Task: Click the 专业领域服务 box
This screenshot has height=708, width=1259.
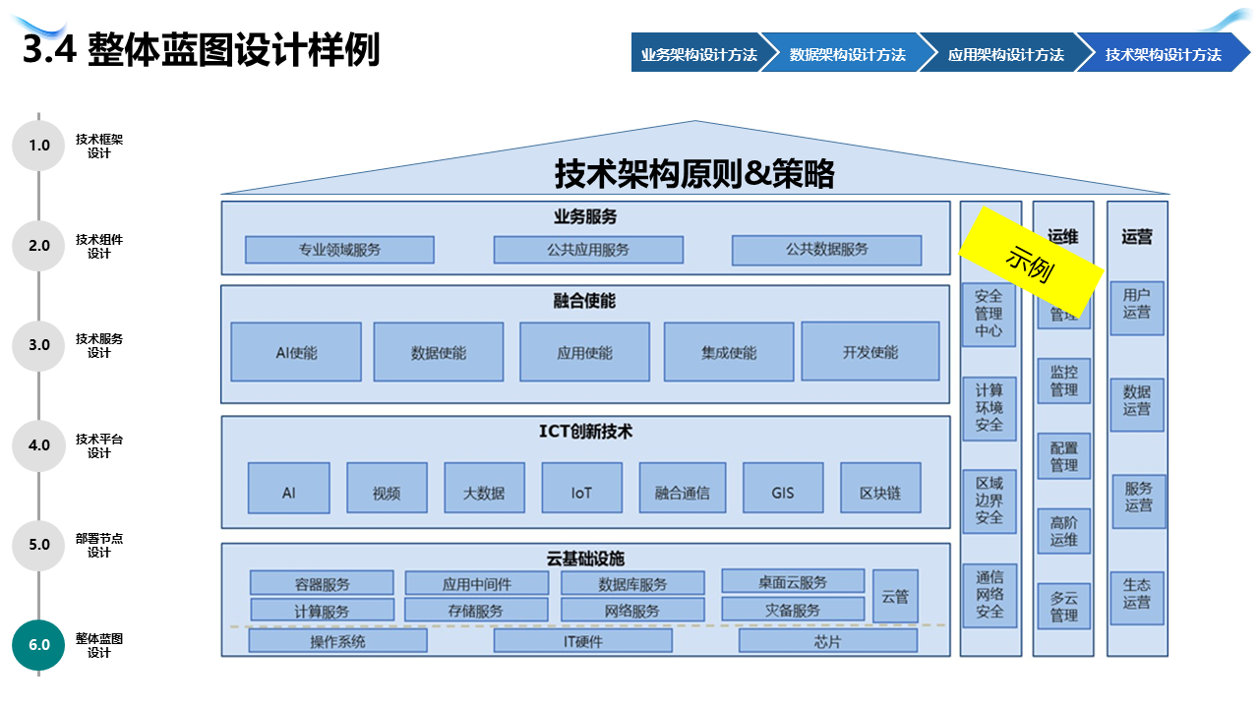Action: pyautogui.click(x=339, y=250)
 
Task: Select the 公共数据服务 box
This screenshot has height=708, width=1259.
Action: pyautogui.click(x=826, y=250)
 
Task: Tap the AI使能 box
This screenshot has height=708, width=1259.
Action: pyautogui.click(x=296, y=352)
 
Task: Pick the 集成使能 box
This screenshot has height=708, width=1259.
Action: pyautogui.click(x=729, y=352)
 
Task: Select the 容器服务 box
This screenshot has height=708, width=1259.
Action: pyautogui.click(x=322, y=583)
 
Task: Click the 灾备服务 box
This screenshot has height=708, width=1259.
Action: pyautogui.click(x=793, y=610)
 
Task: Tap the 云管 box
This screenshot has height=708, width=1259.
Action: pyautogui.click(x=895, y=596)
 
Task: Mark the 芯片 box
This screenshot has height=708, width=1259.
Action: pyautogui.click(x=827, y=641)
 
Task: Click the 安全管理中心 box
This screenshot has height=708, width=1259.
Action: pyautogui.click(x=989, y=314)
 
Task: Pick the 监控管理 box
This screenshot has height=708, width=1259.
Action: pyautogui.click(x=1064, y=382)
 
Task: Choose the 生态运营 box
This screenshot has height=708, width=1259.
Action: pyautogui.click(x=1137, y=593)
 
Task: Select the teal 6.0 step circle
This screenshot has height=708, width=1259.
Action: pyautogui.click(x=38, y=645)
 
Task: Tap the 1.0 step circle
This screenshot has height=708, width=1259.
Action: pyautogui.click(x=38, y=146)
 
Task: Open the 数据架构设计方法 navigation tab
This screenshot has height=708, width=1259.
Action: pyautogui.click(x=847, y=54)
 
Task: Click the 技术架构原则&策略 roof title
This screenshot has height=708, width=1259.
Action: pyautogui.click(x=694, y=174)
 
